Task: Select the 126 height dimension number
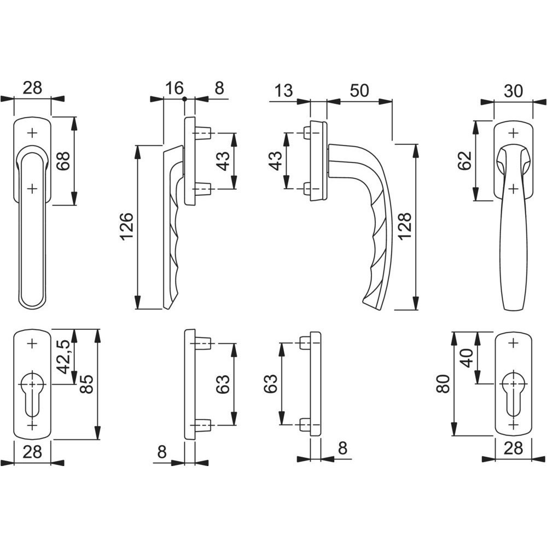pyautogui.click(x=125, y=228)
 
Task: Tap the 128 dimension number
pyautogui.click(x=404, y=226)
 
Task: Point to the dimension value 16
pyautogui.click(x=174, y=89)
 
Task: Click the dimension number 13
pyautogui.click(x=284, y=90)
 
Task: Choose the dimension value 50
pyautogui.click(x=359, y=90)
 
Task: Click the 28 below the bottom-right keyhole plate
pyautogui.click(x=513, y=449)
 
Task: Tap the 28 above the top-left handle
pyautogui.click(x=32, y=88)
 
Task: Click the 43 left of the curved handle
pyautogui.click(x=276, y=161)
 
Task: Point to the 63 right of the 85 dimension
pyautogui.click(x=222, y=385)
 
